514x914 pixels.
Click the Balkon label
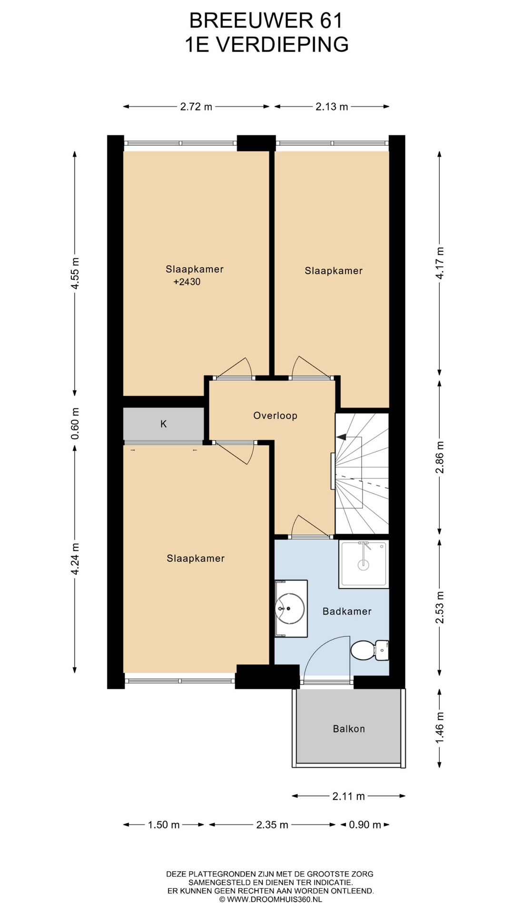[349, 729]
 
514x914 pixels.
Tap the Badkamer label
[347, 611]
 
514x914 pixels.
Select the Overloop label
[275, 416]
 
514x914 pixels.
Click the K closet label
[164, 424]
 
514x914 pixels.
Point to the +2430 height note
[187, 282]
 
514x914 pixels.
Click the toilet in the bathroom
[370, 650]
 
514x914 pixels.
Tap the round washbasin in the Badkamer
[290, 608]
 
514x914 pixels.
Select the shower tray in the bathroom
[364, 564]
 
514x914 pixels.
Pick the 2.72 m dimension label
[196, 107]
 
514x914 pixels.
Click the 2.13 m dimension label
[332, 107]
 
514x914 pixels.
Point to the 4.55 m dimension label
[75, 273]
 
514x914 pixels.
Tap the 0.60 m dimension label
[75, 424]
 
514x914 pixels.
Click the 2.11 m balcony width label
[349, 796]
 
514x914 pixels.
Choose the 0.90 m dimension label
[365, 825]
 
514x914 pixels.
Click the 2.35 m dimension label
[272, 825]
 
